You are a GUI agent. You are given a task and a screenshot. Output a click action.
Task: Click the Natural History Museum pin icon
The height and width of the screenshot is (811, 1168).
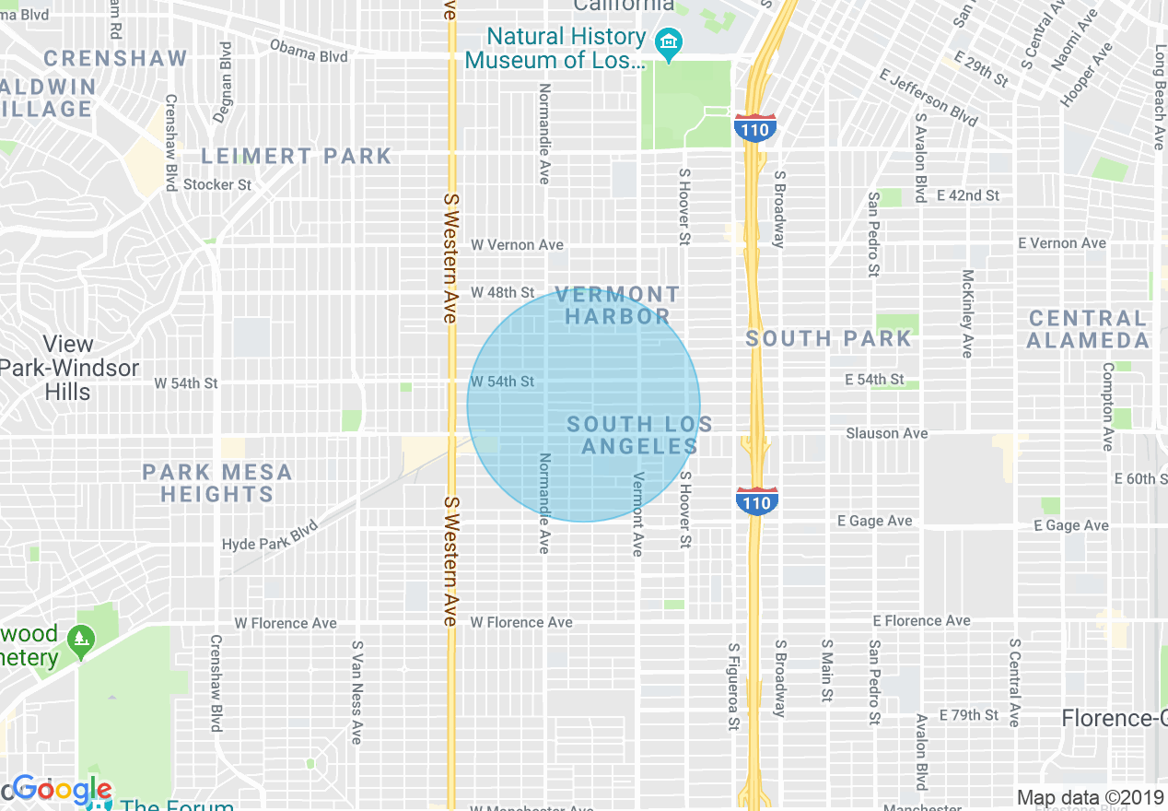point(668,42)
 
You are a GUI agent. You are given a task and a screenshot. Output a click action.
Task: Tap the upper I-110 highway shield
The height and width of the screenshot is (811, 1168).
point(754,128)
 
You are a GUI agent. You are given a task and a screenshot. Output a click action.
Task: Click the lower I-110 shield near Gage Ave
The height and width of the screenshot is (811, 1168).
point(756,501)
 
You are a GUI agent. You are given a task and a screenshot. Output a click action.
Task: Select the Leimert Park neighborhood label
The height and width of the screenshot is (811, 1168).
point(297,156)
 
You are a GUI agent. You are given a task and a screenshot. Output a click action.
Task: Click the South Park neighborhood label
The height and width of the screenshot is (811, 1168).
point(828,338)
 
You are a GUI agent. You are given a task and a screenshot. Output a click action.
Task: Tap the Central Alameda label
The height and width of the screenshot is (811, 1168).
point(1088,329)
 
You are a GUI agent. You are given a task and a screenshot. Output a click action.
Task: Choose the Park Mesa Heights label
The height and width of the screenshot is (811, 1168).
point(217,483)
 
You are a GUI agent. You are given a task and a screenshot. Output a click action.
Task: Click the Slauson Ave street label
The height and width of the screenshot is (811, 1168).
point(887,433)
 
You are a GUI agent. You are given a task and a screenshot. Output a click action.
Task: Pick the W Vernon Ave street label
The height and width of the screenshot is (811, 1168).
point(517,245)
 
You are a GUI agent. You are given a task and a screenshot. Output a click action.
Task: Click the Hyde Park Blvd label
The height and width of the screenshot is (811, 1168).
point(270,535)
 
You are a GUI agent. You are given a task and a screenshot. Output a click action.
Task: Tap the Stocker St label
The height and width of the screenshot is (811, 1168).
point(217,184)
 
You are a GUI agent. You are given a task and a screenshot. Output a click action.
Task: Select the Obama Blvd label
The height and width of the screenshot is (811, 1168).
point(309,51)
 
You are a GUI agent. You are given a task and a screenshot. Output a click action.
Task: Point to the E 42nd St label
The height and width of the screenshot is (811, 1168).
point(967,195)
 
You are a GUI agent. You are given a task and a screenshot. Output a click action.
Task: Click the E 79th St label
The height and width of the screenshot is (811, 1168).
point(968,715)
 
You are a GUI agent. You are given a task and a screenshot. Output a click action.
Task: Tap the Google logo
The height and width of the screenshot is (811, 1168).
point(62,791)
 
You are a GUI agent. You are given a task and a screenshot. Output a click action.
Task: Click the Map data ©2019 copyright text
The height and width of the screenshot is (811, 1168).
point(1091,798)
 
